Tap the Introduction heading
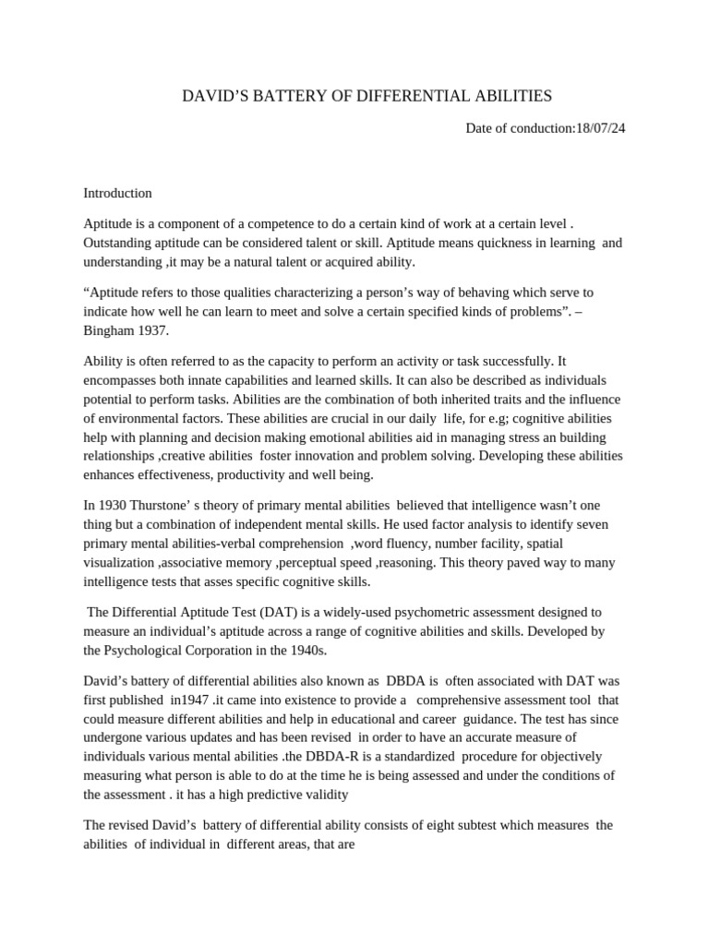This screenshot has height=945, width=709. click(x=117, y=193)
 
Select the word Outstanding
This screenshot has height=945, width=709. click(x=121, y=243)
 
